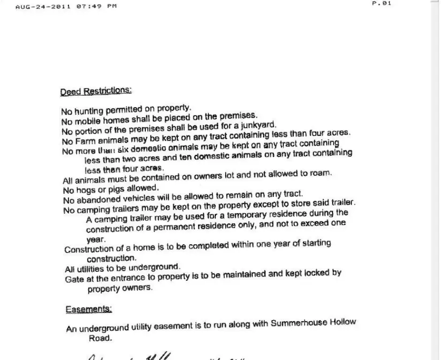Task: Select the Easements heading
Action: click(89, 309)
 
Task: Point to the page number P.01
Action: click(381, 3)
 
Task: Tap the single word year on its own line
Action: click(96, 239)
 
